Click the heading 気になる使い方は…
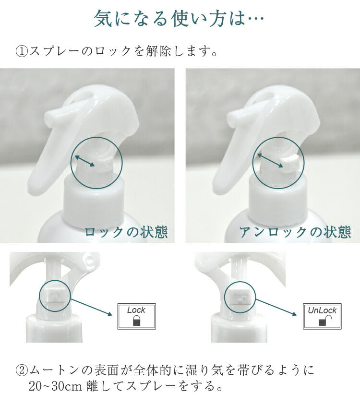[179, 19]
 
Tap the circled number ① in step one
[22, 51]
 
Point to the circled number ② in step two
[22, 370]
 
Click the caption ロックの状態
[126, 232]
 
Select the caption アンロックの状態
[295, 232]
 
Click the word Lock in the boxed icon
[136, 310]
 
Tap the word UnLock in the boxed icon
[322, 310]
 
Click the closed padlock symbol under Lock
[136, 321]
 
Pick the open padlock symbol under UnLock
[325, 321]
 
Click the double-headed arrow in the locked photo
[85, 161]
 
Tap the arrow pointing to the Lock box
[92, 307]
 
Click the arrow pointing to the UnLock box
[276, 308]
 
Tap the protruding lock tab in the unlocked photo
[290, 164]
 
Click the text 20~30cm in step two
[55, 387]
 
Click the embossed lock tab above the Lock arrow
[55, 296]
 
